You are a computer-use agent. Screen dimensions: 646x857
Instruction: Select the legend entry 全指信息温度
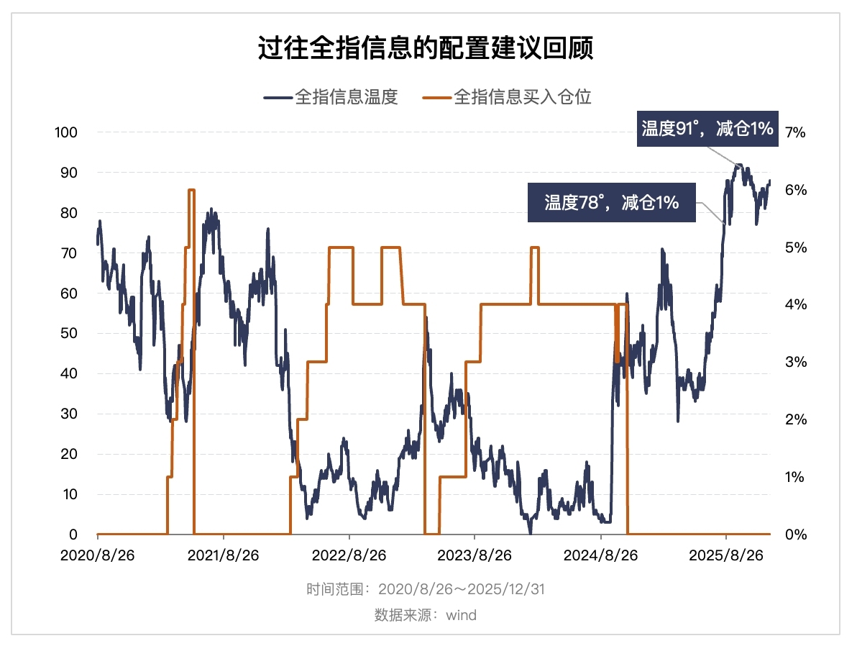pyautogui.click(x=332, y=97)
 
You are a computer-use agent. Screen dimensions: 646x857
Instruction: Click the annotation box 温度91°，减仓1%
pyautogui.click(x=707, y=129)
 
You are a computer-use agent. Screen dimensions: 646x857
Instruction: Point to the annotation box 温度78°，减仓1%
pyautogui.click(x=612, y=203)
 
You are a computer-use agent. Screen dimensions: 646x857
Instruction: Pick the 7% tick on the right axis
pyautogui.click(x=797, y=132)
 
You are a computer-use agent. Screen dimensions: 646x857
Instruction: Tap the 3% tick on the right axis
pyautogui.click(x=797, y=362)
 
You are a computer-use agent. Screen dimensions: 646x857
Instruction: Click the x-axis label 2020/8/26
pyautogui.click(x=97, y=556)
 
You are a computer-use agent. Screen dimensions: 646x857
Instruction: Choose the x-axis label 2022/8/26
pyautogui.click(x=349, y=556)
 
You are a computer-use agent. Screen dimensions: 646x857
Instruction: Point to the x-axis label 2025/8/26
pyautogui.click(x=726, y=556)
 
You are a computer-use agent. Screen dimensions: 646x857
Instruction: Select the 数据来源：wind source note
pyautogui.click(x=426, y=615)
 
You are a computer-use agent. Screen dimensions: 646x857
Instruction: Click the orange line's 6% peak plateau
pyautogui.click(x=191, y=190)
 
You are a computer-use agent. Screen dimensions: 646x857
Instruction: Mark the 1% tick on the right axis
pyautogui.click(x=797, y=477)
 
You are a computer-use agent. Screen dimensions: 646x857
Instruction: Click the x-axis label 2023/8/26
pyautogui.click(x=475, y=556)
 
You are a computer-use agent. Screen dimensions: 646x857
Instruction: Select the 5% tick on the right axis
pyautogui.click(x=797, y=247)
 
